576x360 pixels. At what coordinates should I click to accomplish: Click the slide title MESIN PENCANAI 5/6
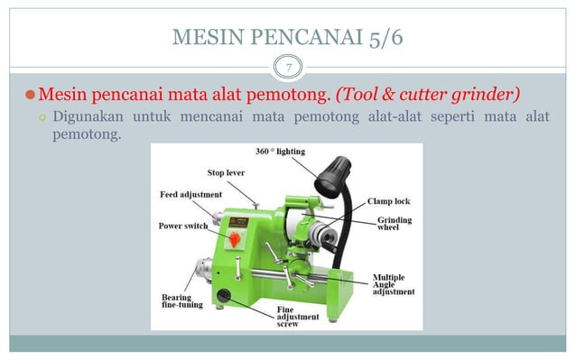[x=288, y=38]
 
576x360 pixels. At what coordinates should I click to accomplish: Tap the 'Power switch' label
[x=184, y=226]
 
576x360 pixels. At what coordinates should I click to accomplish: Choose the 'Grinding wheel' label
[x=395, y=224]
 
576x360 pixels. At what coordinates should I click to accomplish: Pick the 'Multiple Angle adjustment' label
[x=394, y=284]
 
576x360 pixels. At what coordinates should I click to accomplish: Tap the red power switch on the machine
[x=237, y=239]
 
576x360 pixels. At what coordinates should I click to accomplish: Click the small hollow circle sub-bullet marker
[x=42, y=117]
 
